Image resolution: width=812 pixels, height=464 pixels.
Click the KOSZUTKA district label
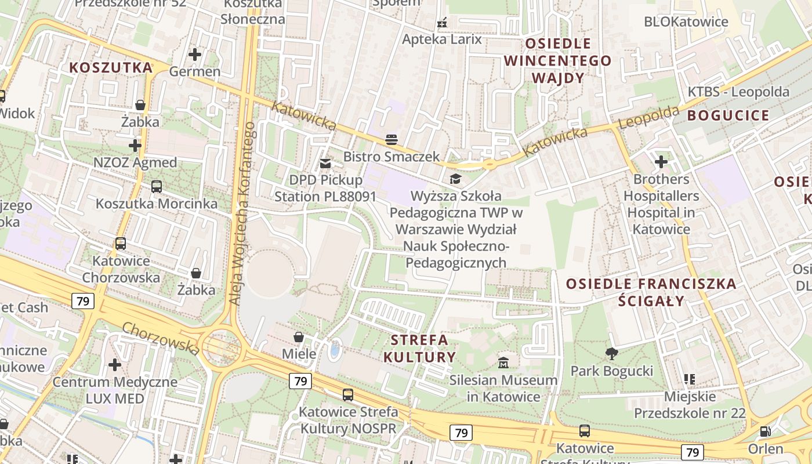coord(111,67)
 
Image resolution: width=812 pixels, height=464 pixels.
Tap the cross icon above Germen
coord(195,55)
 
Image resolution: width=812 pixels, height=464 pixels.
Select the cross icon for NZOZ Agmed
coord(135,145)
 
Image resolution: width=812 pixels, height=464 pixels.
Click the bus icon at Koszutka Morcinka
coord(156,186)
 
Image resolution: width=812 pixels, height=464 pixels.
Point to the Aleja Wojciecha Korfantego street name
coord(242,213)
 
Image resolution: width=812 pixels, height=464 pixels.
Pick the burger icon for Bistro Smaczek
coord(391,139)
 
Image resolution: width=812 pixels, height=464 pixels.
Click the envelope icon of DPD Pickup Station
coord(325,164)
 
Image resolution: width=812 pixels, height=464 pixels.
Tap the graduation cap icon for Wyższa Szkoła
coord(455,179)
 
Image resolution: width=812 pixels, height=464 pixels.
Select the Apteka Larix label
coord(442,39)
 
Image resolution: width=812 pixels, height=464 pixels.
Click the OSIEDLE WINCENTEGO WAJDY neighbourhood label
coord(557,60)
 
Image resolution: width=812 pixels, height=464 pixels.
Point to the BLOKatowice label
coord(686,22)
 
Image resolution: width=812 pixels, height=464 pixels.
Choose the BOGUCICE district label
coord(728,115)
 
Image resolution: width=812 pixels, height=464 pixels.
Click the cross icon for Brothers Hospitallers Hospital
coord(661,162)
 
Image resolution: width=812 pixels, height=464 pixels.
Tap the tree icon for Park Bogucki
coord(611,353)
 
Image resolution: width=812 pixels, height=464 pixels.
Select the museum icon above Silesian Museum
coord(503,363)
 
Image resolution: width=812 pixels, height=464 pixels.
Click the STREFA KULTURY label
coord(419,348)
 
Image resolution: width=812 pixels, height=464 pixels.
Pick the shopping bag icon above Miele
coord(299,337)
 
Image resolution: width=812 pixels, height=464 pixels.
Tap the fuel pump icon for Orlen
coord(766,432)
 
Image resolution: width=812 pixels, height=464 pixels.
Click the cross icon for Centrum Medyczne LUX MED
coord(115,365)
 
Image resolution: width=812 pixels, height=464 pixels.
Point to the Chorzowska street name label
coord(161,338)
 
